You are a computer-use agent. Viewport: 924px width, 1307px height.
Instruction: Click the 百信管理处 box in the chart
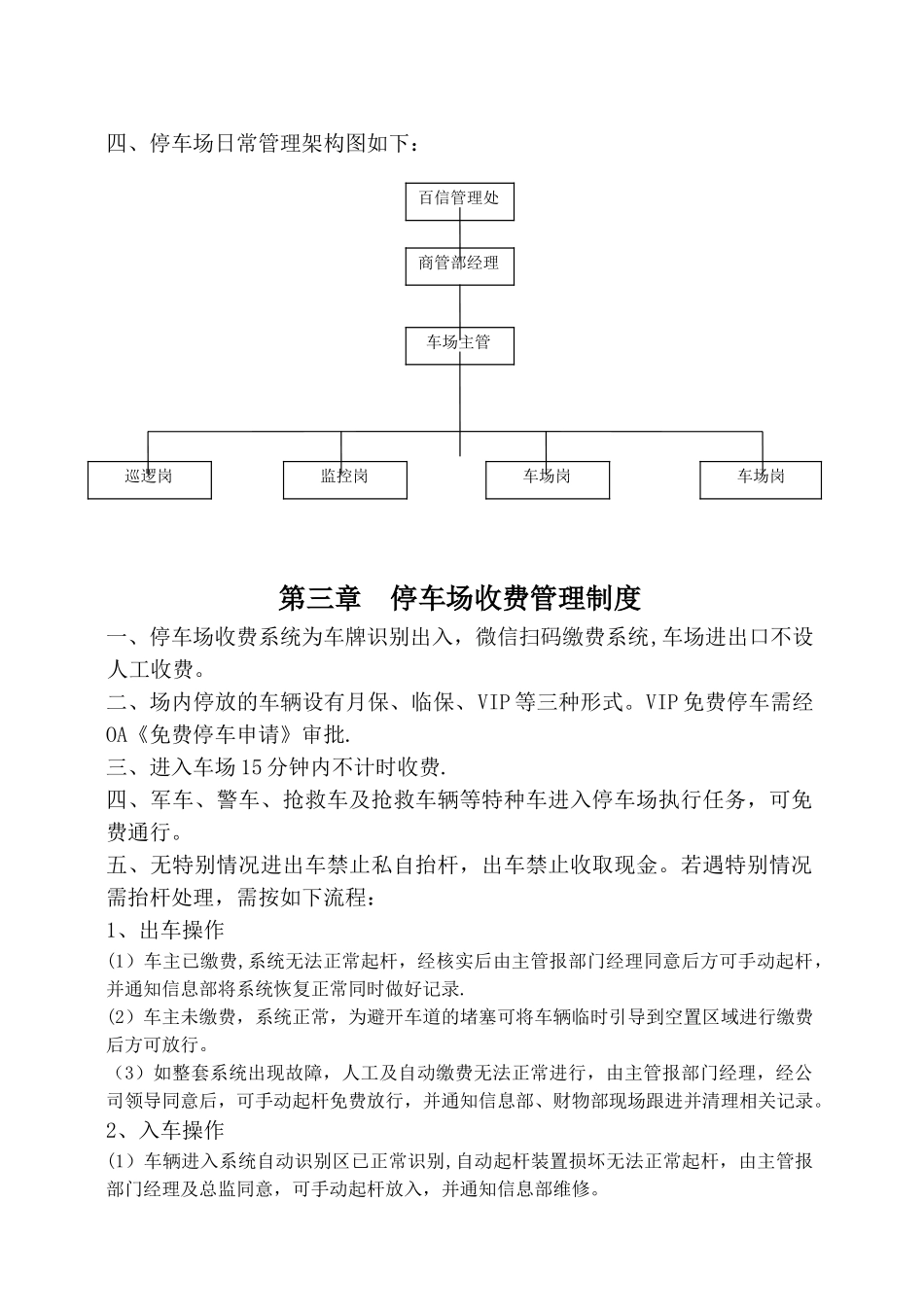coord(459,200)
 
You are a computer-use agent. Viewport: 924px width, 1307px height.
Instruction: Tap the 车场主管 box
coord(459,344)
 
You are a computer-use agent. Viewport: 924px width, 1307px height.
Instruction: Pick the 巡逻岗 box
coord(149,479)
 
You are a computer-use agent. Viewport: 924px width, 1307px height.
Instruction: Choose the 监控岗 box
coord(344,479)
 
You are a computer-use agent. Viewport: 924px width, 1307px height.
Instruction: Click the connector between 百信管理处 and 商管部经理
coord(459,233)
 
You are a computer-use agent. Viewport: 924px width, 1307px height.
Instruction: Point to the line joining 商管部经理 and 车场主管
coord(459,305)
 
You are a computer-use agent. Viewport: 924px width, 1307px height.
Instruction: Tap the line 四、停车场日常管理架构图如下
coord(265,144)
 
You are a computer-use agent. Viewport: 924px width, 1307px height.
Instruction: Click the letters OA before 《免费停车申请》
coord(119,734)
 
